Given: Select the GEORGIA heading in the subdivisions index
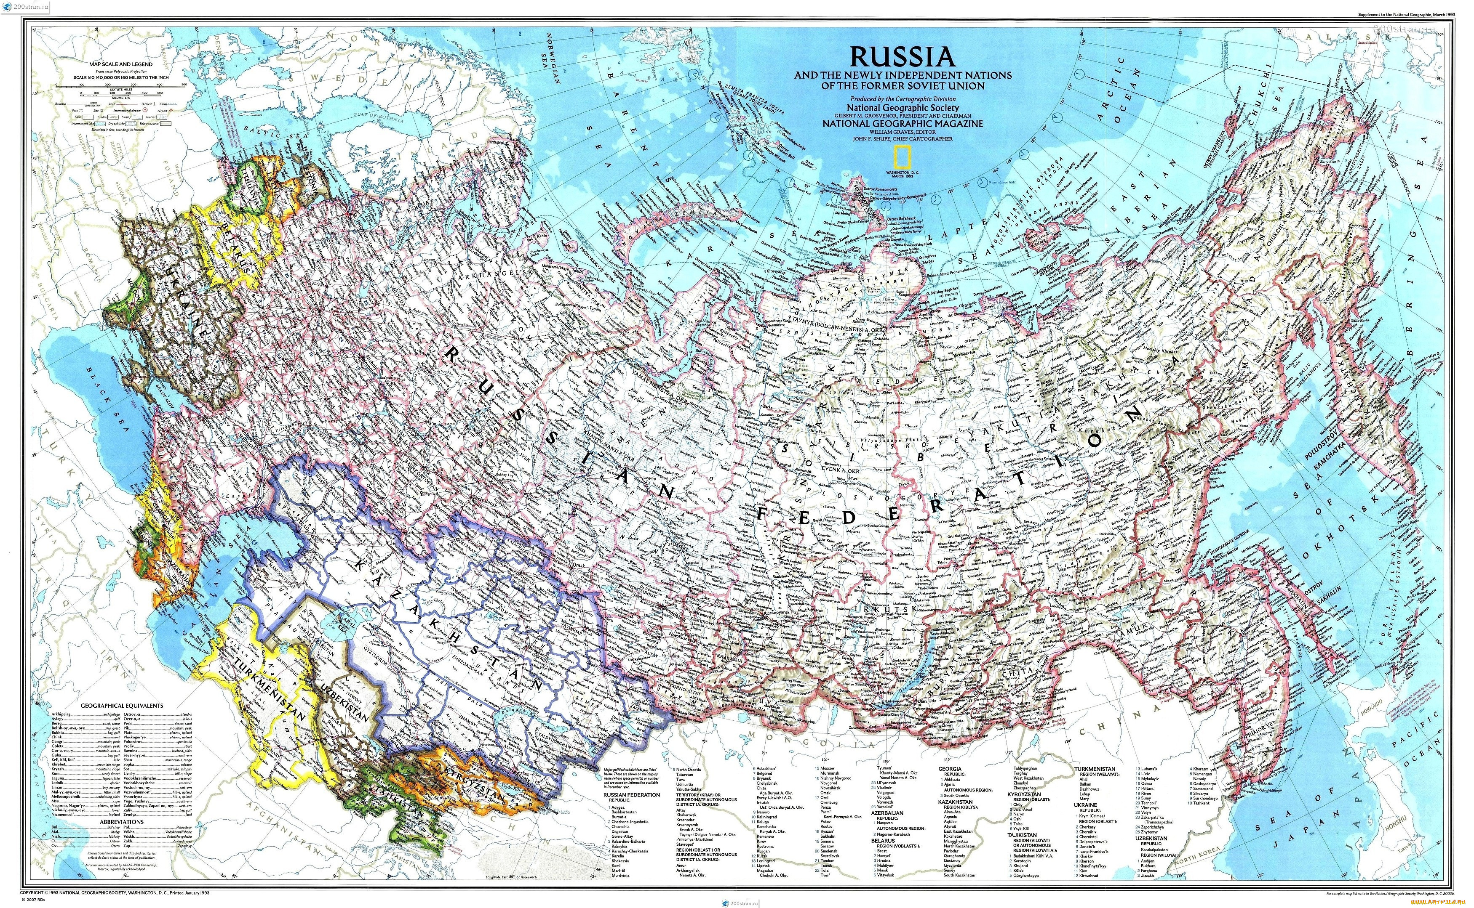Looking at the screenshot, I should pos(950,769).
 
